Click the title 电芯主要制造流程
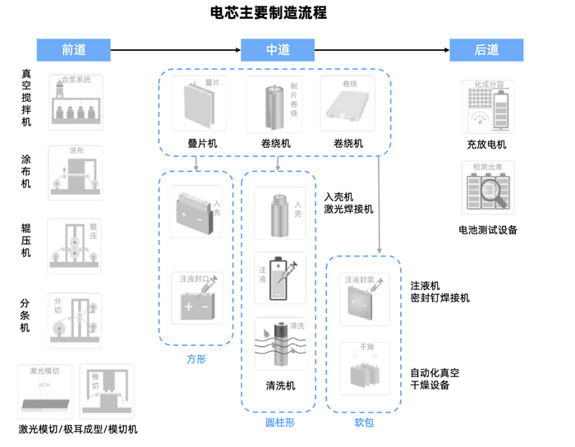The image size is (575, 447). (269, 13)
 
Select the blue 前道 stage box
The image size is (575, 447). (74, 50)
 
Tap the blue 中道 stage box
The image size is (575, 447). (278, 50)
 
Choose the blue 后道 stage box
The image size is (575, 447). (486, 50)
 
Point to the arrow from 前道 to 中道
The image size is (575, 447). (175, 50)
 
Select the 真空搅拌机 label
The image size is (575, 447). (26, 98)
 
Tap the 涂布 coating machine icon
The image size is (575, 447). (76, 172)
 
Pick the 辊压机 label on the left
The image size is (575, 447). (26, 241)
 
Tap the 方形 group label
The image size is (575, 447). (195, 359)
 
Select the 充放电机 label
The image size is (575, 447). (487, 145)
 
